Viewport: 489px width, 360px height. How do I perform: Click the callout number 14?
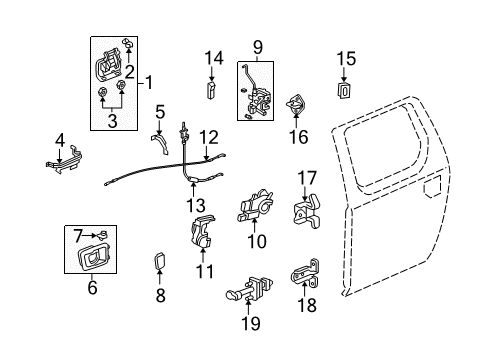pyautogui.click(x=214, y=58)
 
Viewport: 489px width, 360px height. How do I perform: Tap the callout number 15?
pyautogui.click(x=346, y=59)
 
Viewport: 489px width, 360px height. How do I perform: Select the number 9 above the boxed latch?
pyautogui.click(x=258, y=48)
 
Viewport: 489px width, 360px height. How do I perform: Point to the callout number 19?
pyautogui.click(x=250, y=323)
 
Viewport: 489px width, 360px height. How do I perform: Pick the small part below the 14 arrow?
pyautogui.click(x=211, y=89)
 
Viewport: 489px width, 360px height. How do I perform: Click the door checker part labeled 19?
pyautogui.click(x=251, y=289)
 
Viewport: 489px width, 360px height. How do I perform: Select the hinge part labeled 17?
pyautogui.click(x=307, y=211)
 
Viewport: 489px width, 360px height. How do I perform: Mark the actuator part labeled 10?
pyautogui.click(x=255, y=206)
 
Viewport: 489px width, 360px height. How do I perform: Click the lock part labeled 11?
pyautogui.click(x=202, y=231)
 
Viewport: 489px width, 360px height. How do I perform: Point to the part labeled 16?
pyautogui.click(x=296, y=104)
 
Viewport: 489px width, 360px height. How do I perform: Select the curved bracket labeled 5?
pyautogui.click(x=161, y=143)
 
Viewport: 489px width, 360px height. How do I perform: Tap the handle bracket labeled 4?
pyautogui.click(x=64, y=161)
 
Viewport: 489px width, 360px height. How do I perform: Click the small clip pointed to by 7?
pyautogui.click(x=102, y=235)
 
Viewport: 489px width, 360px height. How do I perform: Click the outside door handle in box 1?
pyautogui.click(x=107, y=65)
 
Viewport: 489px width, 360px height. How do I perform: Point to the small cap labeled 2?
pyautogui.click(x=128, y=43)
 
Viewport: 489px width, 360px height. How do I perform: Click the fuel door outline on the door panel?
pyautogui.click(x=433, y=187)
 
